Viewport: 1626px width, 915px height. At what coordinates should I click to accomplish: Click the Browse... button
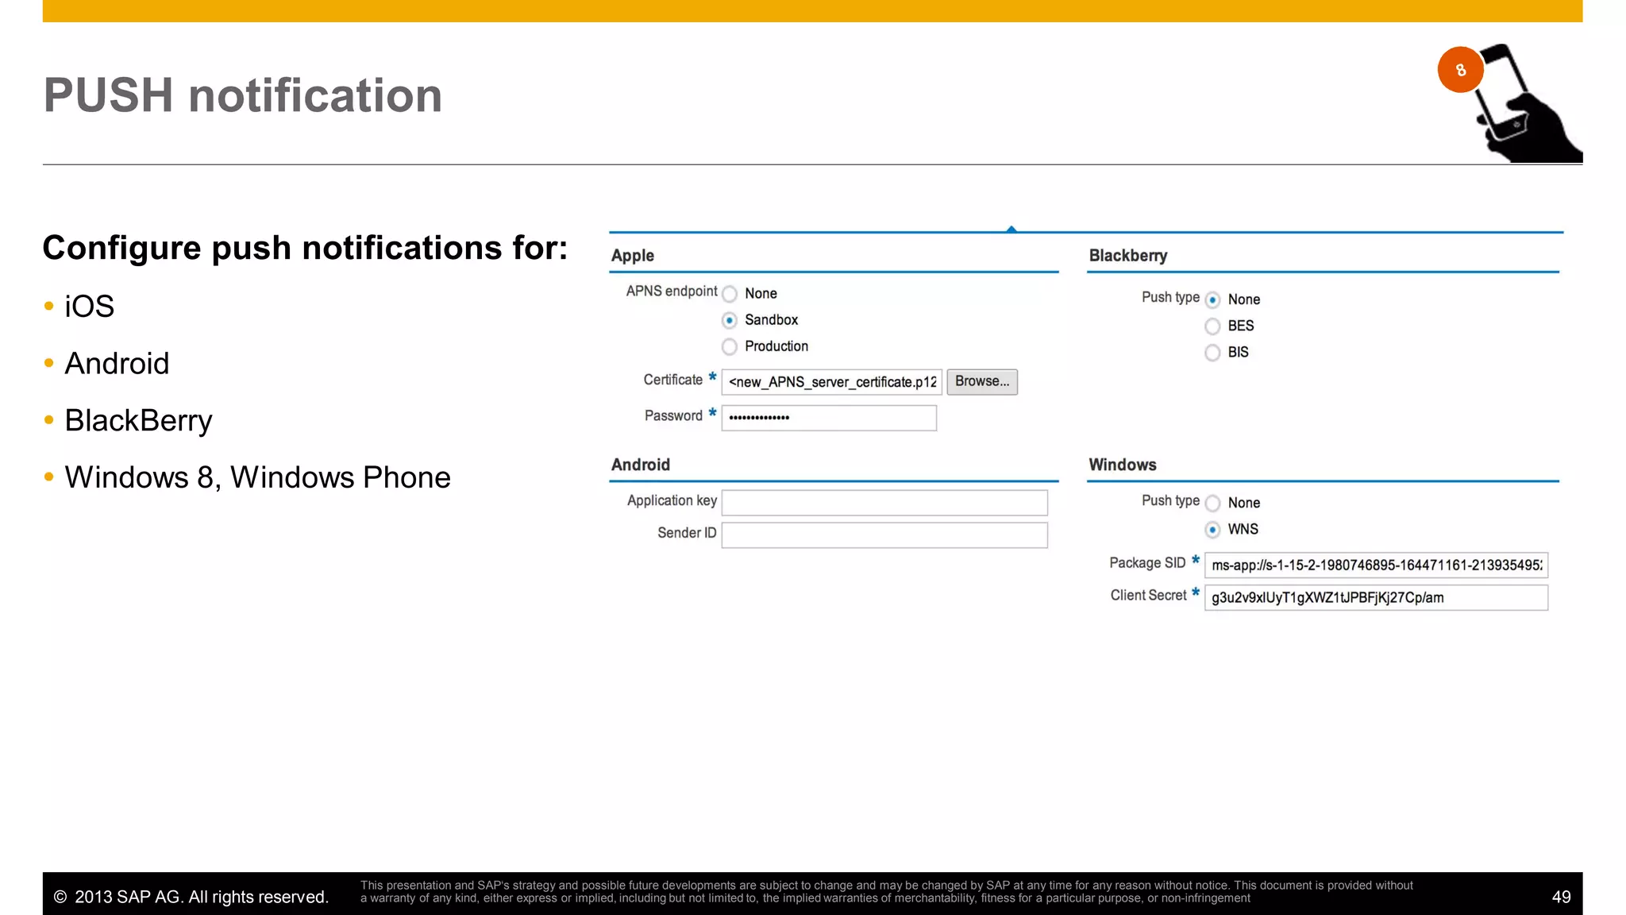pyautogui.click(x=981, y=382)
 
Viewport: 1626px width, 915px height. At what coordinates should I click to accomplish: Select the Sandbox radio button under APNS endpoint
pyautogui.click(x=730, y=320)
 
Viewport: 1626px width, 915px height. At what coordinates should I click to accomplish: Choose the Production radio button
pyautogui.click(x=730, y=346)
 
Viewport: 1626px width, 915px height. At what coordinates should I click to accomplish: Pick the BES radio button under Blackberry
pyautogui.click(x=1212, y=326)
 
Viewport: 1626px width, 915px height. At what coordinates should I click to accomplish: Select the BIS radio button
pyautogui.click(x=1212, y=353)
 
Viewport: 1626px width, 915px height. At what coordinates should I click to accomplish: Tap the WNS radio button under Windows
pyautogui.click(x=1212, y=530)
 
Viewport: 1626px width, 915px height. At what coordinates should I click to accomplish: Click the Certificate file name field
pyautogui.click(x=831, y=382)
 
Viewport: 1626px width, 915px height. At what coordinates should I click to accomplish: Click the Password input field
pyautogui.click(x=829, y=418)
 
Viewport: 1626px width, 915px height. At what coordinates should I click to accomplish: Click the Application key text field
pyautogui.click(x=884, y=502)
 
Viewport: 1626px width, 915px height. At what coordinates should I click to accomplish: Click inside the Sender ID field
pyautogui.click(x=884, y=535)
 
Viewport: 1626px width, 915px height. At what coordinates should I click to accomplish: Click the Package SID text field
pyautogui.click(x=1376, y=565)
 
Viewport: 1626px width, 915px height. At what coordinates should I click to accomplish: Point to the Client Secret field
pyautogui.click(x=1376, y=597)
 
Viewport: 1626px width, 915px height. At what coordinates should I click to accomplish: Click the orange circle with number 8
pyautogui.click(x=1460, y=70)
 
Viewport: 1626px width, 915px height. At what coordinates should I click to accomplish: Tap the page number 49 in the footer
pyautogui.click(x=1561, y=897)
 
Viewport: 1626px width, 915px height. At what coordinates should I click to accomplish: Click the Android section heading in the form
pyautogui.click(x=641, y=465)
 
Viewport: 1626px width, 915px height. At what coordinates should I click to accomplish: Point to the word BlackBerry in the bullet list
pyautogui.click(x=139, y=420)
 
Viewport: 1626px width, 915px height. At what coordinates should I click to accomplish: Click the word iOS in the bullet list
pyautogui.click(x=90, y=307)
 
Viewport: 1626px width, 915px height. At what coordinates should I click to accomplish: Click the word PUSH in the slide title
pyautogui.click(x=108, y=95)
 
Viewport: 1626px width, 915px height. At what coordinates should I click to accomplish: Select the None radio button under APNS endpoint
pyautogui.click(x=730, y=294)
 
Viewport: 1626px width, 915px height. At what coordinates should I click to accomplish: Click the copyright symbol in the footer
pyautogui.click(x=60, y=897)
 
